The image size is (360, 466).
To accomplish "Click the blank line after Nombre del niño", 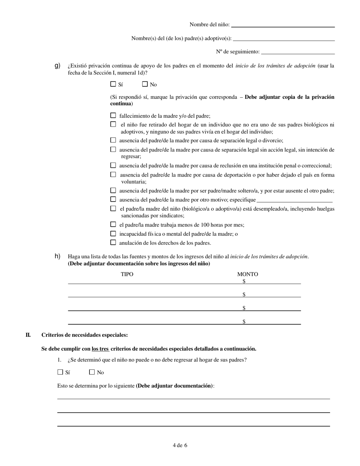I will [x=283, y=25].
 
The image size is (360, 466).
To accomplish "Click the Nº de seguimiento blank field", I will [x=298, y=52].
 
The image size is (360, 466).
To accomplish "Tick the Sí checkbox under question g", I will [x=113, y=84].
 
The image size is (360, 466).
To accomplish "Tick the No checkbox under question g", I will [x=145, y=84].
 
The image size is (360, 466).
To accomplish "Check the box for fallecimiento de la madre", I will [x=113, y=116].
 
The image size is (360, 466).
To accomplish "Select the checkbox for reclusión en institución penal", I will [x=113, y=165].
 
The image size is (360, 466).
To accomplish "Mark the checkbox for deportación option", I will [x=113, y=174].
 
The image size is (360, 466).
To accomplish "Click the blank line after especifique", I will [x=294, y=200].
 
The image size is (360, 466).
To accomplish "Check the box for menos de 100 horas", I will [x=113, y=224].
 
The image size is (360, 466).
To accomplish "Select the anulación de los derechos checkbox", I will [x=113, y=242].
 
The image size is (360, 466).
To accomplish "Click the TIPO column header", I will [x=127, y=274].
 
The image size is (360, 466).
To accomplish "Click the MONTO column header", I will [x=247, y=274].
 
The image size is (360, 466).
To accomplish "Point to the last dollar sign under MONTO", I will [x=244, y=322].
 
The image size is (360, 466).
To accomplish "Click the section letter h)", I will [x=58, y=256].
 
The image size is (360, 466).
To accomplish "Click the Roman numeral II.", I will [x=28, y=335].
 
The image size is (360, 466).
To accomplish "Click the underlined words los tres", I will [x=100, y=349].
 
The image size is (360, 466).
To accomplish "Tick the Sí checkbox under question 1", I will [x=60, y=372].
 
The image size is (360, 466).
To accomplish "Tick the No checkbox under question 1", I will [x=92, y=372].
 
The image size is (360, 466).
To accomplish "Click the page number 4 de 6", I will [x=180, y=445].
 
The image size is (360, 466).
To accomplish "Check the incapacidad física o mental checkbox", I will [x=113, y=234].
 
